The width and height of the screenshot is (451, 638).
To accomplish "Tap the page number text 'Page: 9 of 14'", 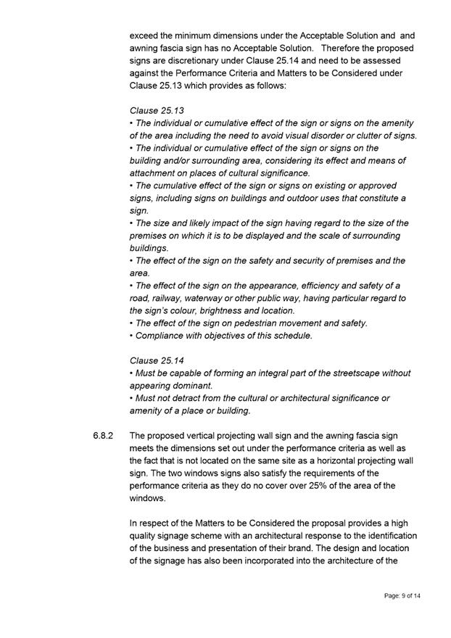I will [x=402, y=595].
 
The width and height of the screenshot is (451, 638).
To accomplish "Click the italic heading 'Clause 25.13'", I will [x=156, y=111].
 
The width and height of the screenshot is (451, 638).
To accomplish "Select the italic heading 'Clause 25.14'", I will [x=156, y=360].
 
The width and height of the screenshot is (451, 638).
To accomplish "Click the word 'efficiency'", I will [x=315, y=285].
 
